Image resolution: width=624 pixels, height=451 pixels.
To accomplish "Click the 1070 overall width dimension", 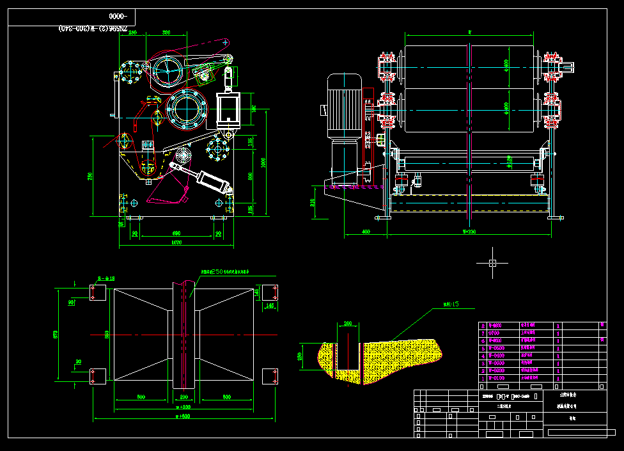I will click(176, 242).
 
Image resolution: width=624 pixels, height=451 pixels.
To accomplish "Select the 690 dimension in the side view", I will click(176, 233).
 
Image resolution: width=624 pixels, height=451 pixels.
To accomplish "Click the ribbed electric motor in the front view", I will click(345, 106).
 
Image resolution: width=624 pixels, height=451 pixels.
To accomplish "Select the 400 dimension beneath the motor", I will click(366, 231).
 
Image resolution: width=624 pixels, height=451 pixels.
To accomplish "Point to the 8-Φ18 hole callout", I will click(106, 279).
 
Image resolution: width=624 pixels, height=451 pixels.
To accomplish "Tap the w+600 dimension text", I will click(183, 416).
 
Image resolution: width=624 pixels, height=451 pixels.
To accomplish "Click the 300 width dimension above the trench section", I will click(348, 324).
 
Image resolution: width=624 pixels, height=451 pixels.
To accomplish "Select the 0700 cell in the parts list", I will click(494, 333).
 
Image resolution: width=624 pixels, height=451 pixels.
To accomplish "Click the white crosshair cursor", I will click(492, 263).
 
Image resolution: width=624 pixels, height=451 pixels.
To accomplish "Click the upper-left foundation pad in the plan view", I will click(98, 292).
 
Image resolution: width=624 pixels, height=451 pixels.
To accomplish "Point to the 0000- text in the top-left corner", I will click(118, 15).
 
